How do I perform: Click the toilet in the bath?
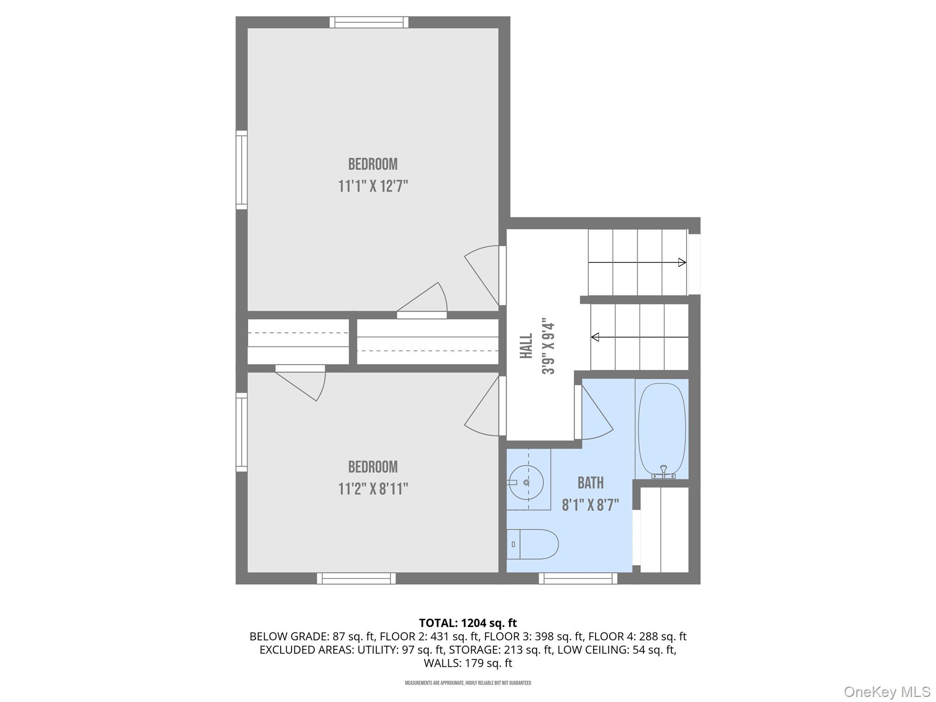(x=532, y=544)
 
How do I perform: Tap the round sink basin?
(x=526, y=482)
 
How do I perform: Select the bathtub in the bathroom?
(x=662, y=430)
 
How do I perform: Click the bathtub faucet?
(x=664, y=473)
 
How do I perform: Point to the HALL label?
(x=526, y=346)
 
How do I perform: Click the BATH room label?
(x=590, y=483)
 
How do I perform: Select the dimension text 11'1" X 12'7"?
(x=373, y=186)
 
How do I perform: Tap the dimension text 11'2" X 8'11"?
(x=373, y=489)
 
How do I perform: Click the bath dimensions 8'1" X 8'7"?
(x=590, y=505)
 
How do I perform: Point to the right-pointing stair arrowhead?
(x=682, y=262)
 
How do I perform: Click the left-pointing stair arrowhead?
(x=595, y=337)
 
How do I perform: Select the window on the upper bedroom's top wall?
(x=369, y=22)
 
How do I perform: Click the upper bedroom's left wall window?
(x=241, y=170)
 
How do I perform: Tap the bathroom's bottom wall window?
(x=578, y=578)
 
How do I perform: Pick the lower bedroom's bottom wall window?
(x=356, y=578)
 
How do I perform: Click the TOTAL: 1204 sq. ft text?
(x=468, y=623)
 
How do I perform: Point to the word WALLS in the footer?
(x=442, y=663)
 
